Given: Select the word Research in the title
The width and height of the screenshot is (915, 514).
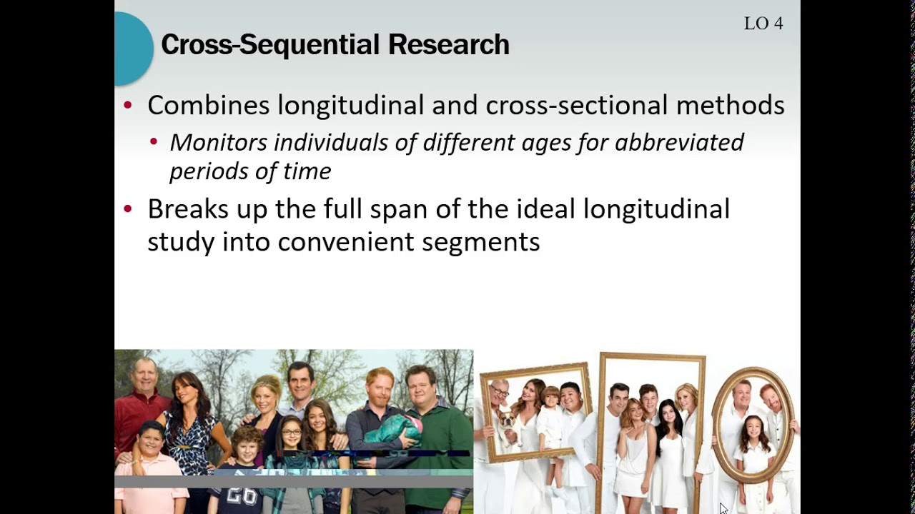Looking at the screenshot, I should point(448,45).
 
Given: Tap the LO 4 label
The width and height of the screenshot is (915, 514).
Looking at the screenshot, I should point(763,24).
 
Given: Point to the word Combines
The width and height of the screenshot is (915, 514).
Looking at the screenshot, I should point(208,106).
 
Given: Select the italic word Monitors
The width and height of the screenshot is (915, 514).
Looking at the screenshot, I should point(218,142).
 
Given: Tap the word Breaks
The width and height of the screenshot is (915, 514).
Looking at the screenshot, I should point(188,209).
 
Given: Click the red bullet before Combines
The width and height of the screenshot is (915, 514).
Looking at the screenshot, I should point(128,106).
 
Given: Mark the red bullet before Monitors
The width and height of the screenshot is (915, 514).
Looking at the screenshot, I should point(154,143).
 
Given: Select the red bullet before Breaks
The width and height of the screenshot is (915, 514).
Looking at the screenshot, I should point(128,209).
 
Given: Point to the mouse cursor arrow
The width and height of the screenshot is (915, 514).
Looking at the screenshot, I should point(723,508).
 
